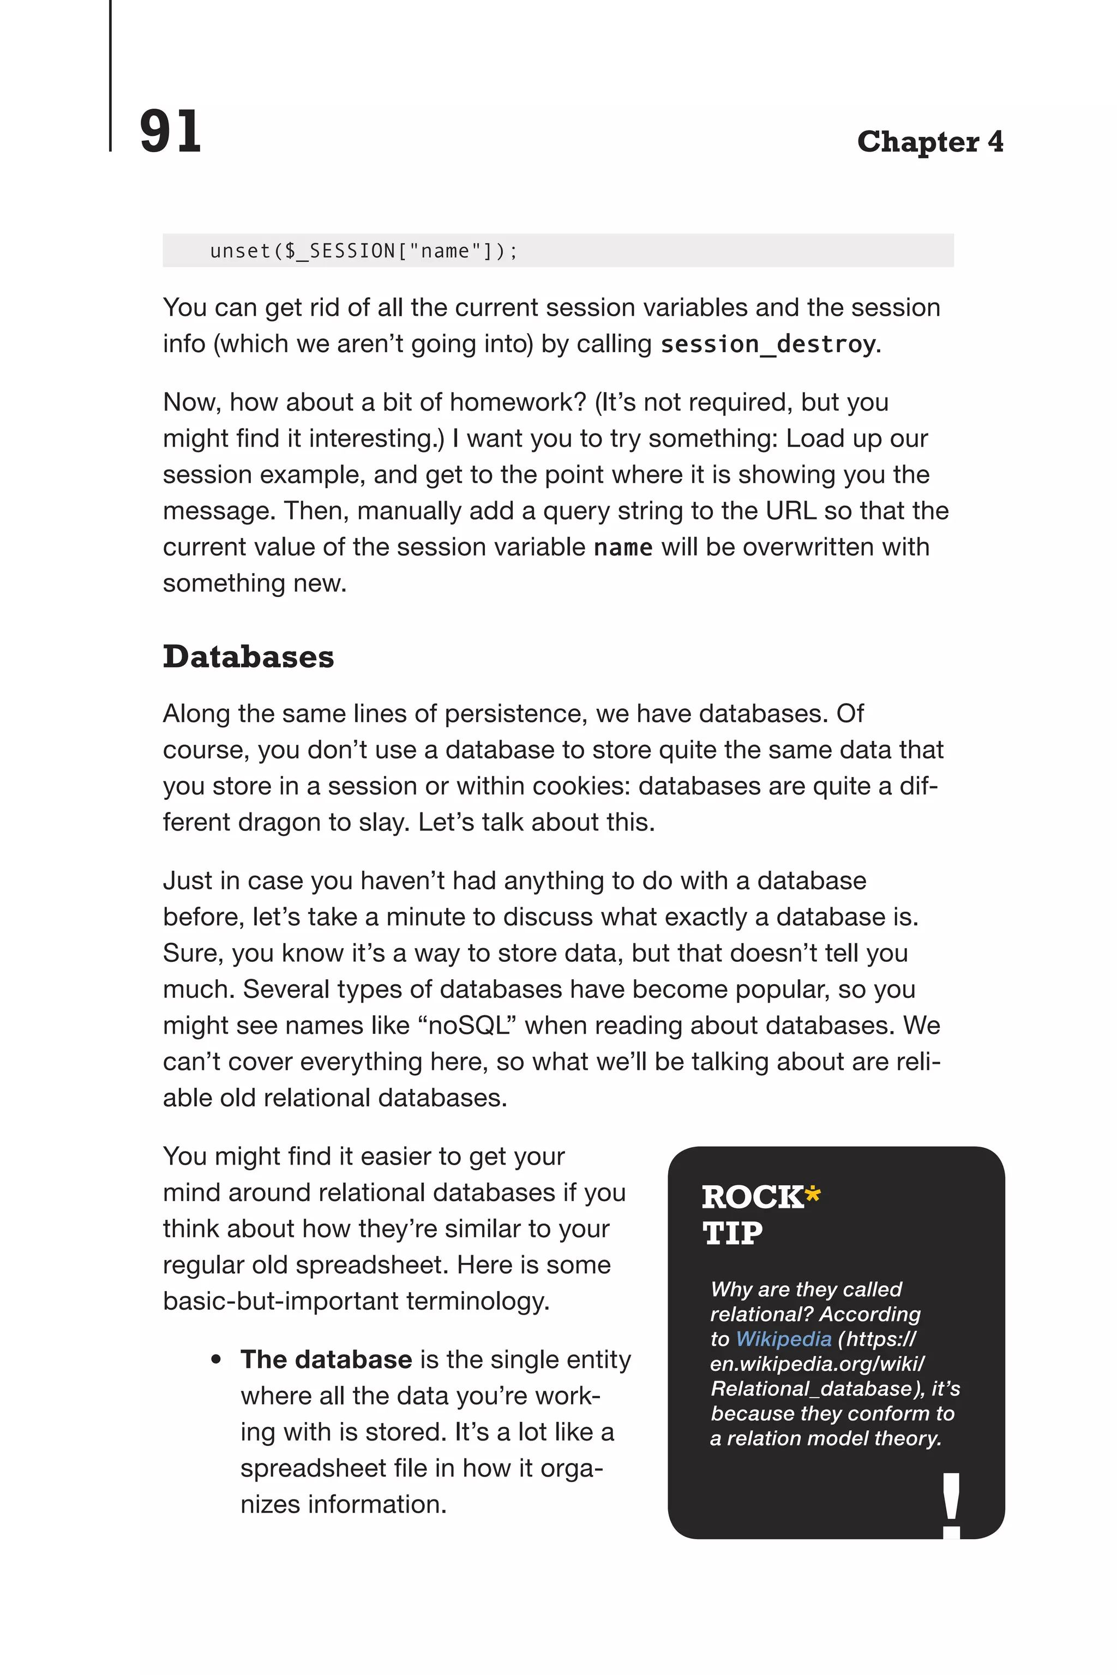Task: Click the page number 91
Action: click(170, 132)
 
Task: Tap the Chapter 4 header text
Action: click(929, 142)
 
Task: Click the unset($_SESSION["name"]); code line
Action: click(363, 251)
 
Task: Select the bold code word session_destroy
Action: click(767, 345)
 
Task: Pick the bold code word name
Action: click(623, 547)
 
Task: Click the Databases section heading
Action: click(248, 656)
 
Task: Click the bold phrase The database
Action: click(326, 1359)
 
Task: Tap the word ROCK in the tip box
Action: click(752, 1197)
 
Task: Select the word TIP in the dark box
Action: click(732, 1233)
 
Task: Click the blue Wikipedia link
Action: click(783, 1339)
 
